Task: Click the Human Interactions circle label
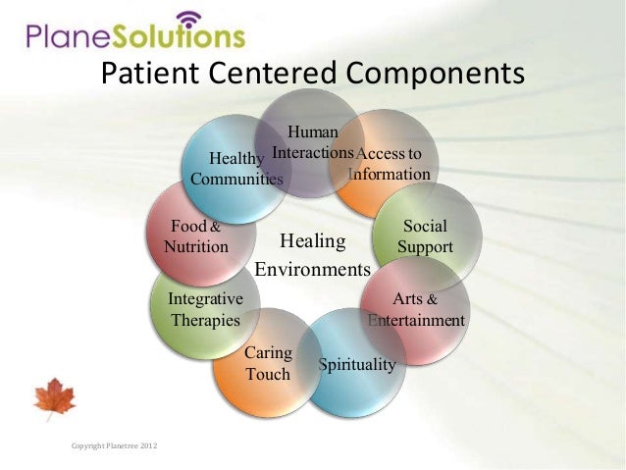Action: point(312,142)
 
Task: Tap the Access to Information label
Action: point(390,164)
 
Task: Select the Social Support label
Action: point(425,236)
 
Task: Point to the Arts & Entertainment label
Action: point(416,309)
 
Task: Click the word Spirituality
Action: point(356,365)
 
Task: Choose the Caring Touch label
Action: point(267,363)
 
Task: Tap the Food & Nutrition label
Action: point(196,236)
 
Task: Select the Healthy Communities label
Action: point(236,169)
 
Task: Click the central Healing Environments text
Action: point(313,254)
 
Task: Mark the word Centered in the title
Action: point(279,75)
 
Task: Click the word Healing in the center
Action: point(313,241)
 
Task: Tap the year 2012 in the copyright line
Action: point(145,447)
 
